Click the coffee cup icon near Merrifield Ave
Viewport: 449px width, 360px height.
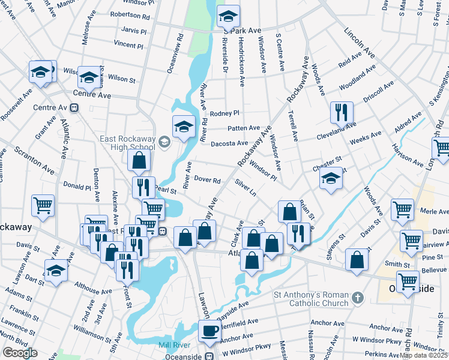pyautogui.click(x=210, y=330)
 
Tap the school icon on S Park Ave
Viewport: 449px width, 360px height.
pyautogui.click(x=228, y=16)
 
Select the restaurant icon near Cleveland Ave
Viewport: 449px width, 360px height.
pyautogui.click(x=342, y=112)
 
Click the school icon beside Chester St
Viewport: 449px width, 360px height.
pyautogui.click(x=330, y=178)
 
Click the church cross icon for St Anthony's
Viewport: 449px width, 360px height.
pyautogui.click(x=357, y=298)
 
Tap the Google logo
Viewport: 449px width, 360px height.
pyautogui.click(x=20, y=353)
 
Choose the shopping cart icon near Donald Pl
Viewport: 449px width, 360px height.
pyautogui.click(x=43, y=205)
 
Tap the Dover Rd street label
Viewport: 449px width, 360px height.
pyautogui.click(x=208, y=179)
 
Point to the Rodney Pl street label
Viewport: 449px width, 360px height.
pyautogui.click(x=224, y=113)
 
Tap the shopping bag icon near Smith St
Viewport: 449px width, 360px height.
pyautogui.click(x=357, y=260)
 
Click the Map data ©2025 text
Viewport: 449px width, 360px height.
pyautogui.click(x=424, y=355)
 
